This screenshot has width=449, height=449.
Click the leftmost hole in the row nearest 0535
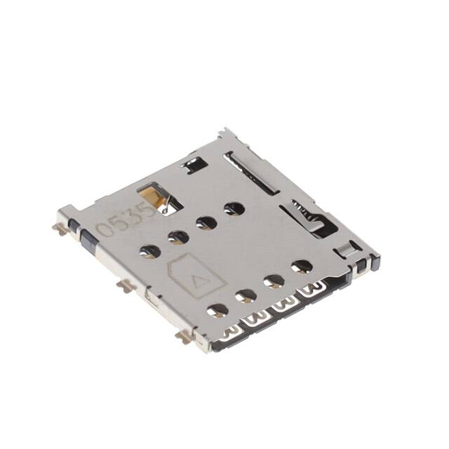(149, 250)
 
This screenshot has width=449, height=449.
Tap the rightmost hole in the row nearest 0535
(234, 208)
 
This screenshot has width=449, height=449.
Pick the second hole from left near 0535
(178, 237)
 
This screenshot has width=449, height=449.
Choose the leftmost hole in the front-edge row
(217, 309)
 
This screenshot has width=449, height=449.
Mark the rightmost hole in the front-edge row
(302, 267)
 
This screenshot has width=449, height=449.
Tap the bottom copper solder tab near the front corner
(185, 338)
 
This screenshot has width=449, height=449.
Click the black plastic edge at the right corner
(366, 264)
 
